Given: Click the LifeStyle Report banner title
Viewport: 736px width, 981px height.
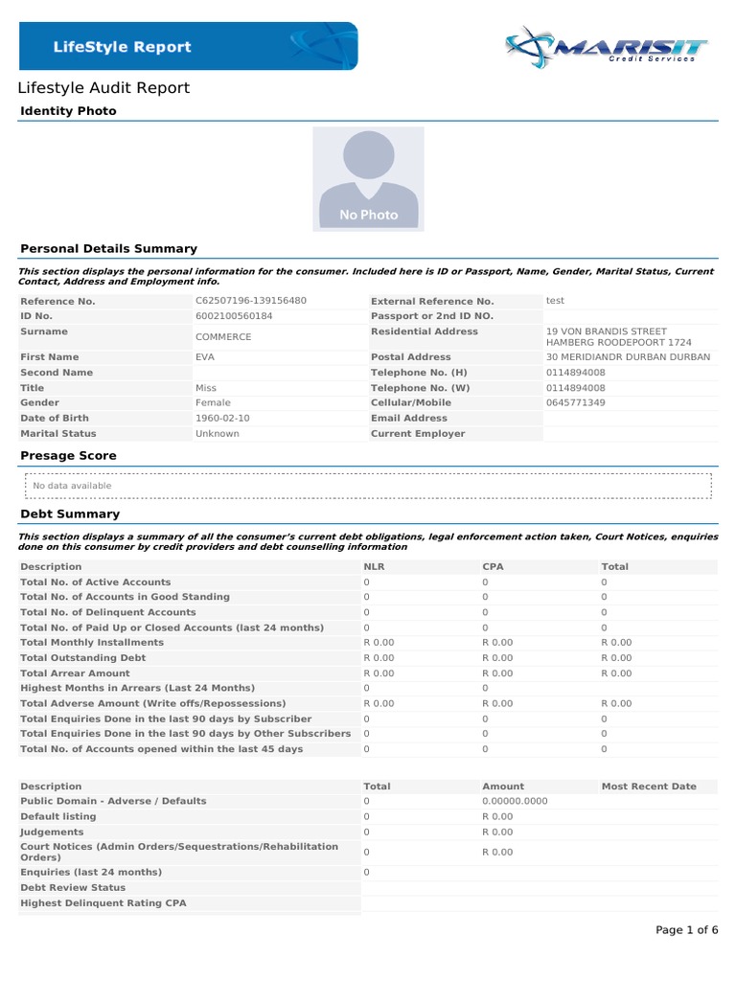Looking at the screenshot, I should click(x=122, y=47).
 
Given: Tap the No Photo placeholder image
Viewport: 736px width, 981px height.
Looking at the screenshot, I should click(x=368, y=178).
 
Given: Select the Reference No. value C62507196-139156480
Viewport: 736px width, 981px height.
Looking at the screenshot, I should click(x=250, y=301).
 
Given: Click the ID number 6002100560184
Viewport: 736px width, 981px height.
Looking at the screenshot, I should click(x=233, y=316).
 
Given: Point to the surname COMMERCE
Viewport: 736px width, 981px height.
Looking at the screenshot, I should click(x=223, y=337).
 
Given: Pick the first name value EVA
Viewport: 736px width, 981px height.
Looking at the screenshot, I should click(x=206, y=357).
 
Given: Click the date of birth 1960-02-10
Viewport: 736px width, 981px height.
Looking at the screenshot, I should click(x=223, y=419).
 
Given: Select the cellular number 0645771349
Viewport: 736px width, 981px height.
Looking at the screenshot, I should click(x=575, y=403).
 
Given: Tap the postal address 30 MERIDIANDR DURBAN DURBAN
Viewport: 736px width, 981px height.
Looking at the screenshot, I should click(x=628, y=357).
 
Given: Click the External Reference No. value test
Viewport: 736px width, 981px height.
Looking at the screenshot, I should click(x=555, y=301).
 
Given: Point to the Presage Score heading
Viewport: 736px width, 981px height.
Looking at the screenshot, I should click(x=68, y=456).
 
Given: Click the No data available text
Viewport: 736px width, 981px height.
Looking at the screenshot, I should click(x=72, y=486).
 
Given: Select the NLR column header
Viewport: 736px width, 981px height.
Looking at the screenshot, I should click(x=374, y=567).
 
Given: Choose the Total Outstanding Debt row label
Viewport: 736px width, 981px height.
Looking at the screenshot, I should click(x=83, y=658).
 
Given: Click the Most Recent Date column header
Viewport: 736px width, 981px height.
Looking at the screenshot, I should click(x=649, y=787).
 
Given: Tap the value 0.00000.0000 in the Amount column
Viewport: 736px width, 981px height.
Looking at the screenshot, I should click(x=515, y=801).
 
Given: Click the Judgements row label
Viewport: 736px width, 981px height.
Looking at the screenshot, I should click(x=53, y=832).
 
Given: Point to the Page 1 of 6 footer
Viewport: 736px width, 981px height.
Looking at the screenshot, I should click(x=686, y=930).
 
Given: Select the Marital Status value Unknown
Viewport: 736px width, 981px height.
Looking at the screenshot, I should click(x=217, y=434).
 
